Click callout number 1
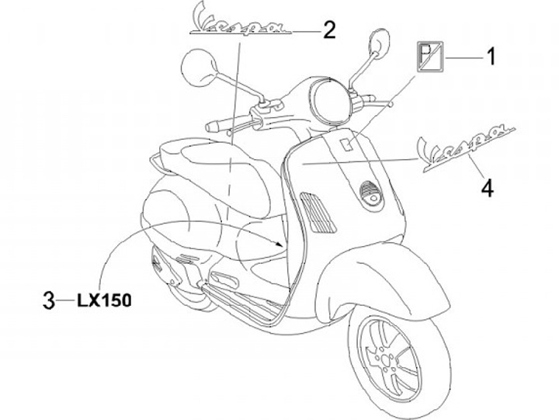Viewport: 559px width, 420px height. pos(490,56)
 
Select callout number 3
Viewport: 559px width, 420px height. pos(48,298)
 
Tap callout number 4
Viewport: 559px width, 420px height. pos(486,187)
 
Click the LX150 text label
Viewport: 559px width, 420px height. pos(104,298)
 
